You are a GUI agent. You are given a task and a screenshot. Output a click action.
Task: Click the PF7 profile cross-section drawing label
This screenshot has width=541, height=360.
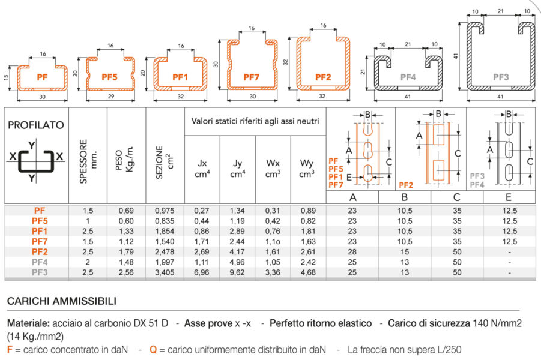pos(251,77)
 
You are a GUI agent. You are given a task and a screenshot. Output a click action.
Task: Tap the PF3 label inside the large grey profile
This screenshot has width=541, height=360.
pos(501,77)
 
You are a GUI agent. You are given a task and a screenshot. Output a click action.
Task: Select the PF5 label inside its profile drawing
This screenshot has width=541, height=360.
pos(109,77)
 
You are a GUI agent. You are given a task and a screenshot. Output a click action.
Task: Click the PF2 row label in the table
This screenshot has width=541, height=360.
pos(40,251)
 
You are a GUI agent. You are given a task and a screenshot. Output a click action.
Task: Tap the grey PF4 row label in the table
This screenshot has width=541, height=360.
pos(40,261)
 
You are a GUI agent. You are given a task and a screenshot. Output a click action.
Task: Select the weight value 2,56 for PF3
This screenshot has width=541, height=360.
pos(126,271)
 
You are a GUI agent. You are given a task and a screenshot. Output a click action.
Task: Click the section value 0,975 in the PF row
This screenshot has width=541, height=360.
pos(165,211)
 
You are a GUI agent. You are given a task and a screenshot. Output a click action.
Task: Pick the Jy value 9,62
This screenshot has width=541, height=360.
pos(237,271)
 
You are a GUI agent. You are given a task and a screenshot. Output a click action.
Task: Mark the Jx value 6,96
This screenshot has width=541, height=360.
pos(202,271)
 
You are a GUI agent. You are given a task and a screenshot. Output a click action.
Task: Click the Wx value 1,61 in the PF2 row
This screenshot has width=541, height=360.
pos(273,251)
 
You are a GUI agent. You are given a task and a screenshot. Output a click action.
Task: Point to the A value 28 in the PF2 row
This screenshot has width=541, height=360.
pos(352,251)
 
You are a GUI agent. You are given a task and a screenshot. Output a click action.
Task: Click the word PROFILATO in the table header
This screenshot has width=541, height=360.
pos(35,125)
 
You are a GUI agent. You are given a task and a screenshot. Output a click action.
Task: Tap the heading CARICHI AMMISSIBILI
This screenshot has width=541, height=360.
pos(62,301)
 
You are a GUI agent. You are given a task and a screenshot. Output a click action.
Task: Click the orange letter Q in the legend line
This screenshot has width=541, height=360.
pos(153,349)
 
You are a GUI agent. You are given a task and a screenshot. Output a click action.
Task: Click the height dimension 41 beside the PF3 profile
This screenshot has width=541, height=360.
pos(456,55)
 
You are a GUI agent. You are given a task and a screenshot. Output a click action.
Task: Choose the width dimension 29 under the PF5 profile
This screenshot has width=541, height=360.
pos(109,96)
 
